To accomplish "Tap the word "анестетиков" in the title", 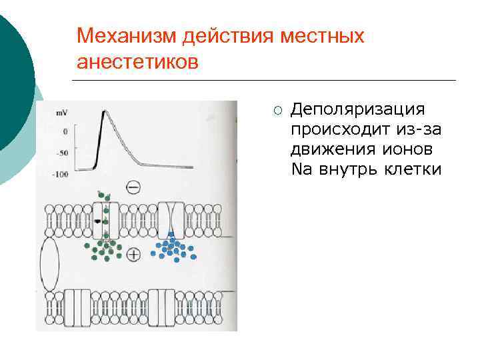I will click(x=137, y=62).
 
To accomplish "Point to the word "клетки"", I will click(x=413, y=169).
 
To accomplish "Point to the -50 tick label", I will click(x=62, y=153).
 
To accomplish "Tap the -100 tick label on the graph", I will click(x=60, y=175).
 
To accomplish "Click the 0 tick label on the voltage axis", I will click(x=65, y=132).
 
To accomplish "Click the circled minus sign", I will click(x=133, y=187).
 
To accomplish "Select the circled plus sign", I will click(x=133, y=254).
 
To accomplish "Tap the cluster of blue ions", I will click(x=173, y=248).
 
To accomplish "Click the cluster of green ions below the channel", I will click(x=103, y=249).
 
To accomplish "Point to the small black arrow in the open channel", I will click(x=98, y=220).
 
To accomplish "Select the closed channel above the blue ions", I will click(x=172, y=220).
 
